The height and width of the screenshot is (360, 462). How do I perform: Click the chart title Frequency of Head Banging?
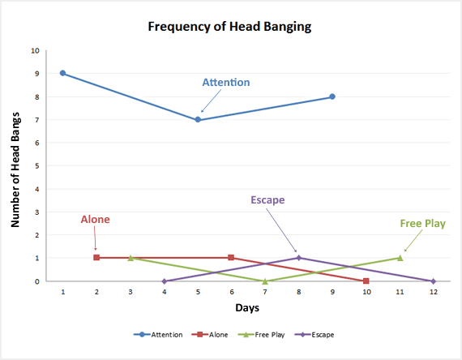point(229,26)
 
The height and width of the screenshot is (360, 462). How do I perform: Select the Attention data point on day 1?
point(62,73)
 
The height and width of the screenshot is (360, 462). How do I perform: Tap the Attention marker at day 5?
point(198,119)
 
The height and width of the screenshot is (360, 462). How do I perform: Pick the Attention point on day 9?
point(332,96)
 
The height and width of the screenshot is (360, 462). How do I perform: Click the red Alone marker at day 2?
point(96,258)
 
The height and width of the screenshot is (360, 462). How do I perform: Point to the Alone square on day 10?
point(366,281)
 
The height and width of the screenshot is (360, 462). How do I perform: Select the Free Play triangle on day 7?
point(265,281)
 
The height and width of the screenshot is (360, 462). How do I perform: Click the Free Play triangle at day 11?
point(400,258)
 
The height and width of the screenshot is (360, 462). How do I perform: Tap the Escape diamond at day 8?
point(299,258)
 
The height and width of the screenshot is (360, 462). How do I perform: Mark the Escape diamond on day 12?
point(434,281)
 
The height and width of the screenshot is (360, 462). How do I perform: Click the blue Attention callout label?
point(226,83)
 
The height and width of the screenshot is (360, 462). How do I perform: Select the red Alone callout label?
point(95,220)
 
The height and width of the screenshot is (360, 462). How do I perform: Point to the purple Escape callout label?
point(268,200)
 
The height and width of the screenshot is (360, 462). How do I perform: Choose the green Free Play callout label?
point(422,223)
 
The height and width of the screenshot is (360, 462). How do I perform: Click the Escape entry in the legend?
point(318,334)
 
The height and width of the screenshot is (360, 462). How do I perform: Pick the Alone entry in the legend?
point(214,334)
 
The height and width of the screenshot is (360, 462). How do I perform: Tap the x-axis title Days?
point(247,309)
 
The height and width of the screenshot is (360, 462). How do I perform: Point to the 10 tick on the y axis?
point(34,50)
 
